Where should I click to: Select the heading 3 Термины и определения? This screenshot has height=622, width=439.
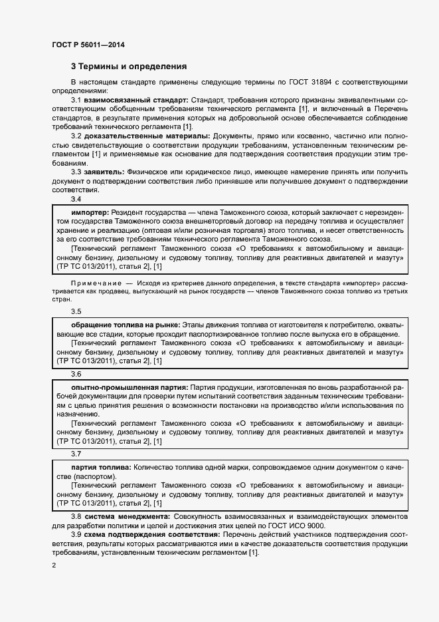pos(128,67)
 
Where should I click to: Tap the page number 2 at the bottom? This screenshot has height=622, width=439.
pos(54,565)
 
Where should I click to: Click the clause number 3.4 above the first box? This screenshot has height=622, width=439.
pos(76,199)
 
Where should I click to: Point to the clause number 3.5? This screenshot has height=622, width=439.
pos(76,312)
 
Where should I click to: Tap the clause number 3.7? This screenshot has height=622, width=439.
pos(76,455)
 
